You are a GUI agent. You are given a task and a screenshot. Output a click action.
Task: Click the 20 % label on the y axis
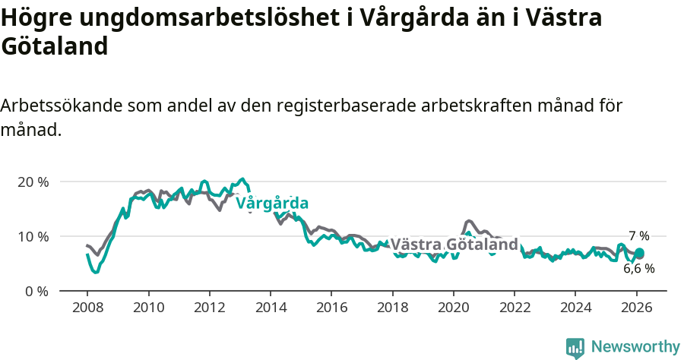(33, 182)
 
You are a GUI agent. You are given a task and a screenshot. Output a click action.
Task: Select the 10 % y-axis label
(33, 236)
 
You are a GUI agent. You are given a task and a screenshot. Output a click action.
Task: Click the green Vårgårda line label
(272, 204)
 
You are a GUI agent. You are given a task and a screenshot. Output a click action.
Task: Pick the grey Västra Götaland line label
(454, 245)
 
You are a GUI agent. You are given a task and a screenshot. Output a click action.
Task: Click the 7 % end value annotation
(638, 236)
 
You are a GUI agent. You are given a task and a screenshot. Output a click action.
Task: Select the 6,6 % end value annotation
(638, 268)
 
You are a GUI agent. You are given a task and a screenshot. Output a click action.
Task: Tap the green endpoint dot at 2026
(639, 253)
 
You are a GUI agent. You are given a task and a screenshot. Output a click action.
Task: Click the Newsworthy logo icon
(575, 347)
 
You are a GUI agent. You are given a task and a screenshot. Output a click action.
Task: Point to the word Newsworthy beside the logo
(635, 347)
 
